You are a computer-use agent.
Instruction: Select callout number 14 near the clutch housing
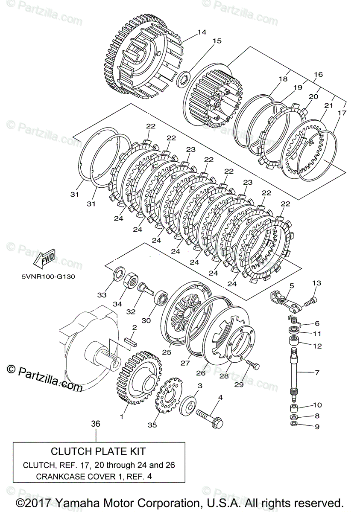point(202,32)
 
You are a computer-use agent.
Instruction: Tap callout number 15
point(217,41)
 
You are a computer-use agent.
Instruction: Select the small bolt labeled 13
point(311,302)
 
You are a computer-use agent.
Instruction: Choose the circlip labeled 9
point(295,424)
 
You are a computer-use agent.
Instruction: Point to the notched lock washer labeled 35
point(168,395)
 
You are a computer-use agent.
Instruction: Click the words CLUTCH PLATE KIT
point(98,451)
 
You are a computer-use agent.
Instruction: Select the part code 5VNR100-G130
point(48,276)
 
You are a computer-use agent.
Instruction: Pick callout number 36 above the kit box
point(96,424)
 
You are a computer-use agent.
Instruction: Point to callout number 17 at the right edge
point(342,113)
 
